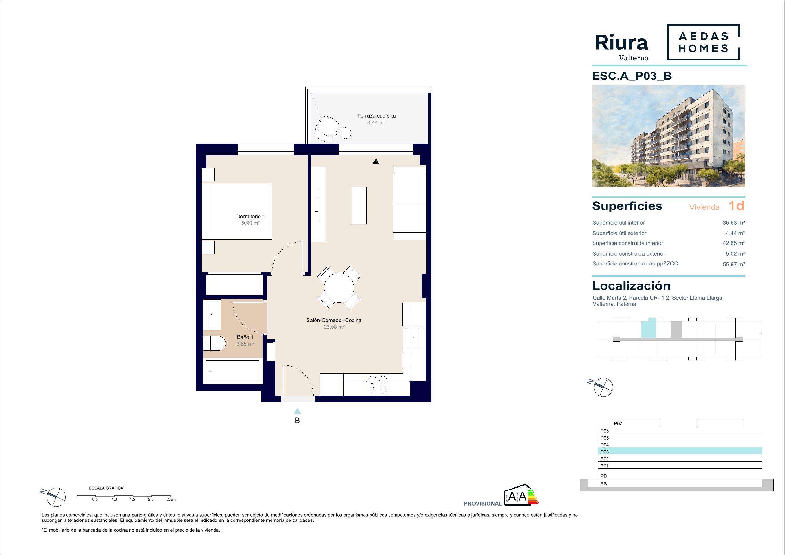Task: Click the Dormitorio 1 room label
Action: [x=251, y=216]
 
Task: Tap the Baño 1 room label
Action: [x=245, y=337]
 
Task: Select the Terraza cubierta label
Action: [x=377, y=116]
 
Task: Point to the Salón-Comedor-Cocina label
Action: [x=334, y=321]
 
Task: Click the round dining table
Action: [x=339, y=288]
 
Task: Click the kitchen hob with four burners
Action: [x=377, y=385]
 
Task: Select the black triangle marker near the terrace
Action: [x=376, y=162]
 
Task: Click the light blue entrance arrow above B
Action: [x=297, y=411]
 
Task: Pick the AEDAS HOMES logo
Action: [x=703, y=42]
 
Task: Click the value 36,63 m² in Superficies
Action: [x=734, y=223]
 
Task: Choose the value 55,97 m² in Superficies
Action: [x=734, y=264]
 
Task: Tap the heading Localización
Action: [x=631, y=285]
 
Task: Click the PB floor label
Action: [x=603, y=476]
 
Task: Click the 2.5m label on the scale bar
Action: [x=171, y=499]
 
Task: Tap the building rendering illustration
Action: [x=669, y=136]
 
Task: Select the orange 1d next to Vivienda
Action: [x=736, y=206]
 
